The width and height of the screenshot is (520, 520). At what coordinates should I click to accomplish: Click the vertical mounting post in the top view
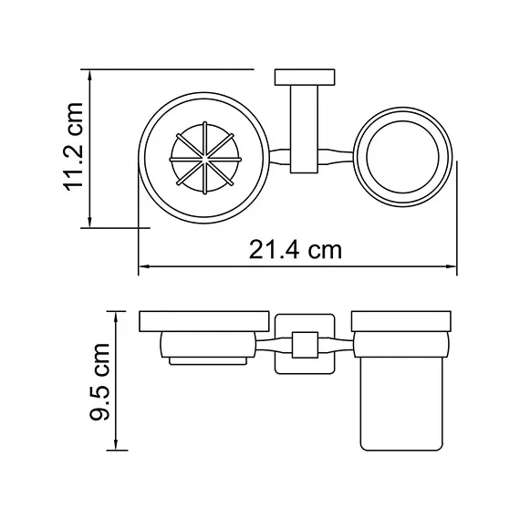304,128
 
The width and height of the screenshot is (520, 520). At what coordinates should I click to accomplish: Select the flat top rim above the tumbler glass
402,322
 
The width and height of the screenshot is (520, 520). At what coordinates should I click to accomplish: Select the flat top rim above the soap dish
204,322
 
